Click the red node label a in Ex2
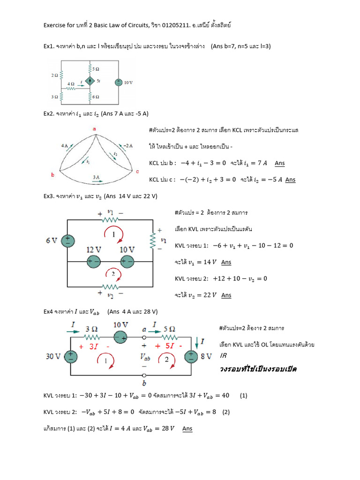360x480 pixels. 94,128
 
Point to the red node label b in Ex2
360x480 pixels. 53,174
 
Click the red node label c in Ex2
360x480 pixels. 137,172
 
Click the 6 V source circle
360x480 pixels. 68,240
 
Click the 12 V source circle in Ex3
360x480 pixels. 94,262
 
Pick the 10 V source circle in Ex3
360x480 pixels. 127,262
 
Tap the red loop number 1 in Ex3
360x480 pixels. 112,233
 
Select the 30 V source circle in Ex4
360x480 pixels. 71,357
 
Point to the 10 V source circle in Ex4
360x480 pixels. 121,337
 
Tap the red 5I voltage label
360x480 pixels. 165,346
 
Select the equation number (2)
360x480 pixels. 226,412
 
